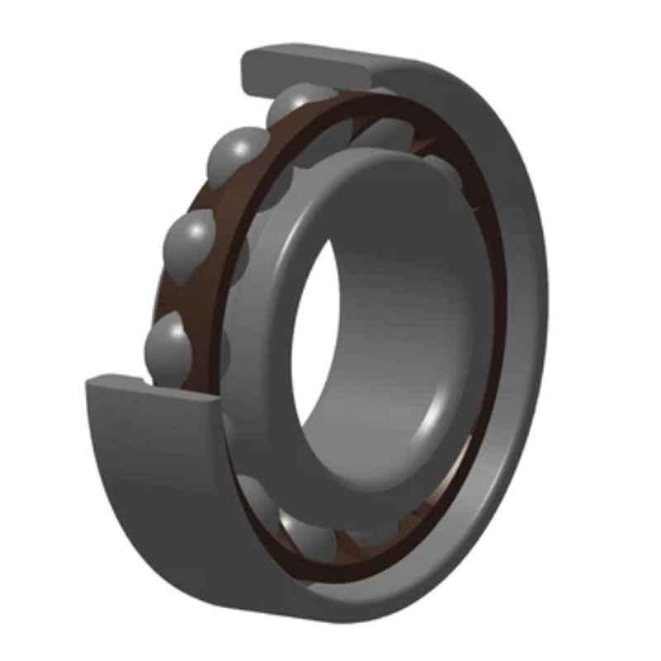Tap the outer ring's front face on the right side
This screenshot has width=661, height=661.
[x=521, y=330]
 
